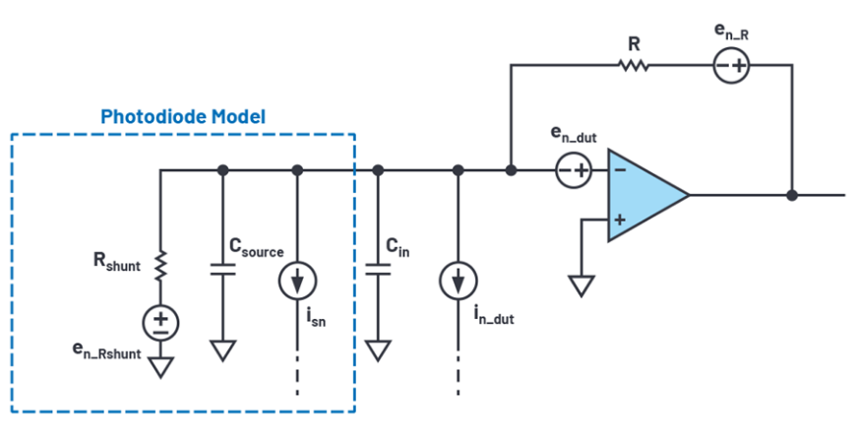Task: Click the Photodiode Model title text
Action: click(x=183, y=117)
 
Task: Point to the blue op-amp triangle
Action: click(x=644, y=195)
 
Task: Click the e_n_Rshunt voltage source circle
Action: click(x=160, y=321)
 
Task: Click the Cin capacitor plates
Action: click(x=377, y=270)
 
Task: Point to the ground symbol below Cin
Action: click(x=377, y=350)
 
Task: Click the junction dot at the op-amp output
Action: click(x=792, y=195)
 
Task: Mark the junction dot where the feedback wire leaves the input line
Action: click(x=511, y=171)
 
